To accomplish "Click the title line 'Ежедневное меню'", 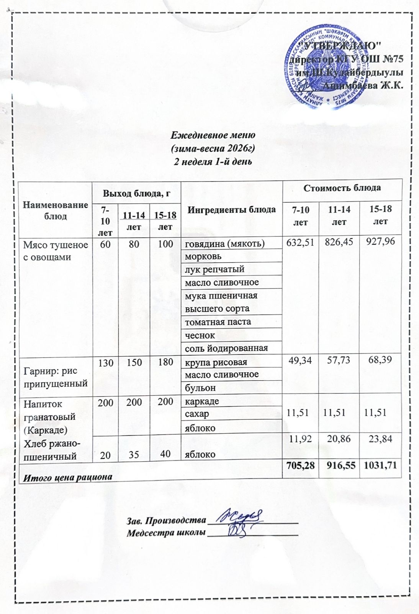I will coord(213,135).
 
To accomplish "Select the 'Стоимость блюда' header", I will coord(342,188).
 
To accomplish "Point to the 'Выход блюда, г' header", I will coord(136,194).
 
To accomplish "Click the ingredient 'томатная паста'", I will coord(218,322).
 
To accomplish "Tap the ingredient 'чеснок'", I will coord(200,335).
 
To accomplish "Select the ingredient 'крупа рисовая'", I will coord(216,362).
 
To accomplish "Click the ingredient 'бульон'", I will coord(200,388).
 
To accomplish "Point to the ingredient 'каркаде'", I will coord(202,401).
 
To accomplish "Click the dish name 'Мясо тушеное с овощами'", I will coord(56,251).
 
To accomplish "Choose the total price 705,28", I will coord(300,465).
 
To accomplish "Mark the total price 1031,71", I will coord(380,465).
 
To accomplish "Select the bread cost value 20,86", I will coord(339,439).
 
